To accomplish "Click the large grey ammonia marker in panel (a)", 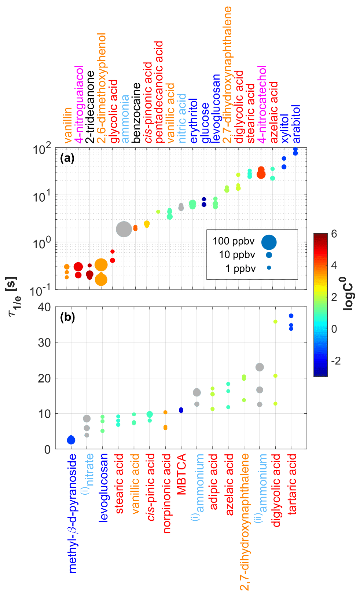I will point(124,229).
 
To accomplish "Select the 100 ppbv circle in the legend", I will point(269,242).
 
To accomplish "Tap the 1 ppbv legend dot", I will point(269,268).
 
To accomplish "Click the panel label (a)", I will point(67,158).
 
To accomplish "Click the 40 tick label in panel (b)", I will point(44,307).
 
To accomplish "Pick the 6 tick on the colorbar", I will point(334,234).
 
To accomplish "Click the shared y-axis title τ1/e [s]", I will point(14,296).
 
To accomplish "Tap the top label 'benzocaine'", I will point(136,113).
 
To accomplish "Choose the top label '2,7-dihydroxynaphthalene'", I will point(227,74).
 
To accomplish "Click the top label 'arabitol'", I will point(296,124).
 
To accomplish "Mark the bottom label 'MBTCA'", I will point(181,474).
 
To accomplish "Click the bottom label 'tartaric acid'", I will point(292,484).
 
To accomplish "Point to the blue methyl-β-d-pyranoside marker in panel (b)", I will point(71,440).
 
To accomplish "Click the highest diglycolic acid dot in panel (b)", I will point(275,322).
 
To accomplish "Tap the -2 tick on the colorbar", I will point(335,361).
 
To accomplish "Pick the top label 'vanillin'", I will point(67,125).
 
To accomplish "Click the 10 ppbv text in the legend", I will point(237,255).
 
